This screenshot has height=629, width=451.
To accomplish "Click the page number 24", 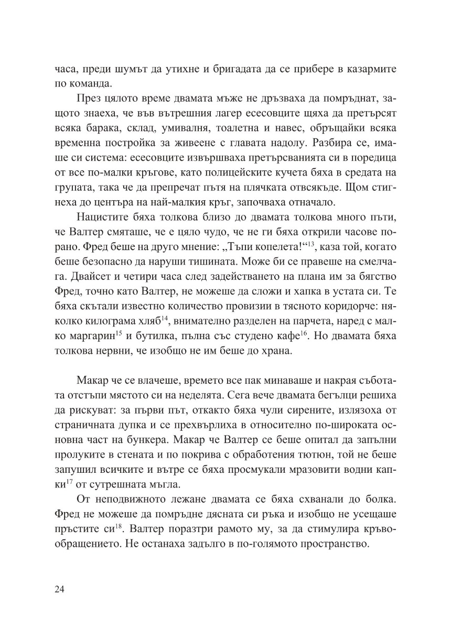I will [59, 589].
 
